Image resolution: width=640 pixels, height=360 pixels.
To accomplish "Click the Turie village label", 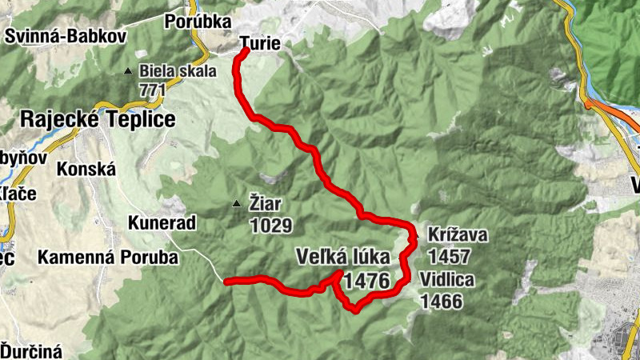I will pos(260,45).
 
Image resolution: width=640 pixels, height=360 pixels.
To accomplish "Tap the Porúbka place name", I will pos(198,22).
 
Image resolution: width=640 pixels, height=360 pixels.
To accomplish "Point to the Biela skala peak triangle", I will pos(127,71).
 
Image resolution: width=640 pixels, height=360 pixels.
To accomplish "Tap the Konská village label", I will pos(87,170).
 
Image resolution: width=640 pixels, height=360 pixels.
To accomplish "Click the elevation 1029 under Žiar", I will pos(270,226).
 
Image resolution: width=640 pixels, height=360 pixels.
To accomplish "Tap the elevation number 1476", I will pos(368,281).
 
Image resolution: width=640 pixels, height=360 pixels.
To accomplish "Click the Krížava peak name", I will pos(457,236).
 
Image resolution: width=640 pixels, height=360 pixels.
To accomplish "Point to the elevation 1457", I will pos(450,257).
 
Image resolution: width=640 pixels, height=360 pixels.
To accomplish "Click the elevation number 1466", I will pos(441,301).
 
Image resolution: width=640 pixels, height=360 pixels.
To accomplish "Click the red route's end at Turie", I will pos(246,50).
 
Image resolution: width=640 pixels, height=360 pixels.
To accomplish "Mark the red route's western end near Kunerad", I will pos(227,282).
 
